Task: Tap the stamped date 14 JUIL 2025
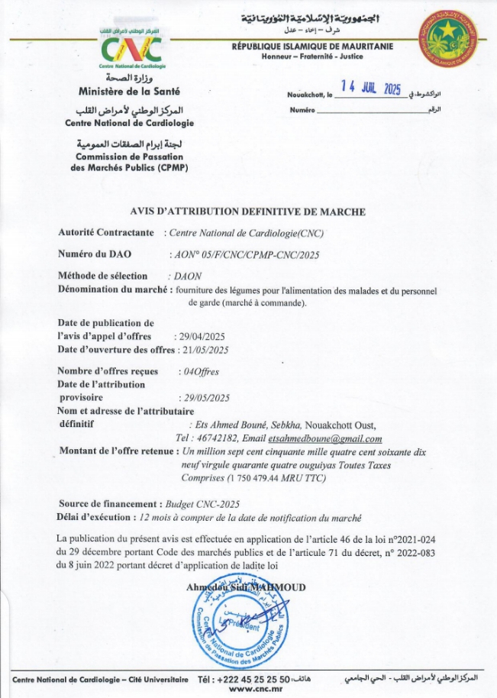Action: coord(371,89)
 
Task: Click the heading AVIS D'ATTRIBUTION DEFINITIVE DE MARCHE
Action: coord(248,212)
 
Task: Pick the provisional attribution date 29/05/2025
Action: coord(204,398)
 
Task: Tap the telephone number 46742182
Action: coord(215,438)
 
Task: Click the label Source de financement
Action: coord(109,504)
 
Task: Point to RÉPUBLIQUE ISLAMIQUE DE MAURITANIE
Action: coord(312,47)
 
